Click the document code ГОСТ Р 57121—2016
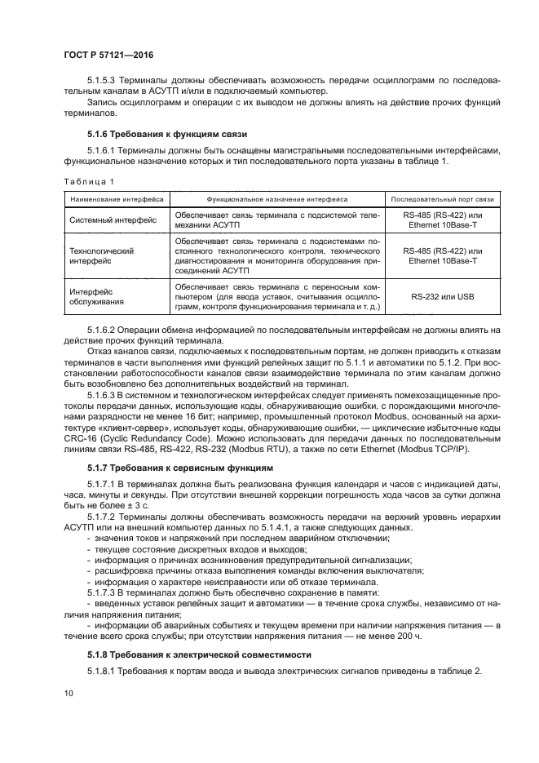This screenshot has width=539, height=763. (x=108, y=55)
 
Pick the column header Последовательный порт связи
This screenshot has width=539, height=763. (x=442, y=198)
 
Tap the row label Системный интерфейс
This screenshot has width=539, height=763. (x=113, y=220)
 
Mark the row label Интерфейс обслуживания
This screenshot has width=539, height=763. (x=96, y=296)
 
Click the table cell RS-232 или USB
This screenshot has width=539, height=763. (x=442, y=296)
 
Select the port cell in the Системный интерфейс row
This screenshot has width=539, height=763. (x=442, y=220)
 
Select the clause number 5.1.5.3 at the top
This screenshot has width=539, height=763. (x=104, y=81)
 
